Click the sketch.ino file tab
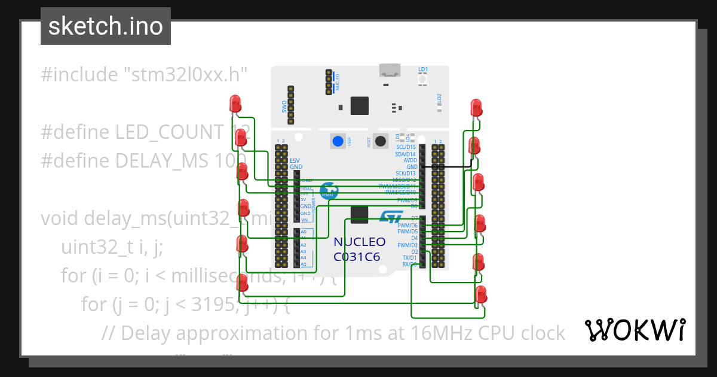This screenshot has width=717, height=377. pyautogui.click(x=105, y=26)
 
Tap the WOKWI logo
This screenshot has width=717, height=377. pyautogui.click(x=635, y=330)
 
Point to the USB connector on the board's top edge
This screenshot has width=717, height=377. pyautogui.click(x=390, y=71)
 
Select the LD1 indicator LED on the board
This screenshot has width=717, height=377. pyautogui.click(x=422, y=80)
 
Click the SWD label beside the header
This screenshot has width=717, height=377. pyautogui.click(x=284, y=107)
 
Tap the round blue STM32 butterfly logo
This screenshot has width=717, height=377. pyautogui.click(x=328, y=191)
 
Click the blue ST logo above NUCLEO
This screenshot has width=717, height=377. pyautogui.click(x=391, y=218)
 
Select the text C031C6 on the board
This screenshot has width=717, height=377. pyautogui.click(x=359, y=257)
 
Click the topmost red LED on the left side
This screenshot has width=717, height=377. pyautogui.click(x=235, y=103)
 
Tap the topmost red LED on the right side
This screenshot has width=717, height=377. pyautogui.click(x=476, y=107)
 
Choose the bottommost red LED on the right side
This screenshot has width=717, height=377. pyautogui.click(x=481, y=294)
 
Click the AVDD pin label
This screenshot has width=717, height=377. pyautogui.click(x=410, y=160)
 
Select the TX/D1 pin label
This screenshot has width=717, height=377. pyautogui.click(x=409, y=258)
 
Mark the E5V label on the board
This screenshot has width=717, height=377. pyautogui.click(x=295, y=160)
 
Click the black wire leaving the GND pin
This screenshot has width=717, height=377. pyautogui.click(x=448, y=167)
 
